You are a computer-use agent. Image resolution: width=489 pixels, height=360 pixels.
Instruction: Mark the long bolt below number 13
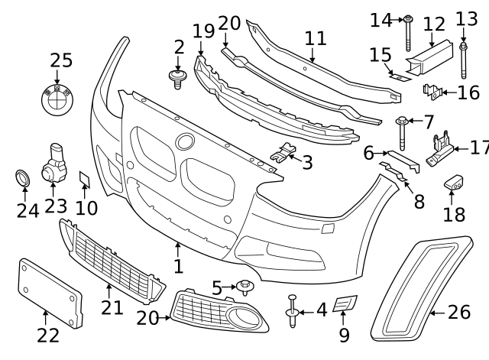pos(464,61)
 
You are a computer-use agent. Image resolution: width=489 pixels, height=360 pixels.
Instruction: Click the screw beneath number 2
pos(177,77)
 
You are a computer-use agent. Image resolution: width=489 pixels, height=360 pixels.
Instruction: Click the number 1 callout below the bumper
pos(177,267)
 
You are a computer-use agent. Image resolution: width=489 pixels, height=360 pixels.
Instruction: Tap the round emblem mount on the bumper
pos(186,141)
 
